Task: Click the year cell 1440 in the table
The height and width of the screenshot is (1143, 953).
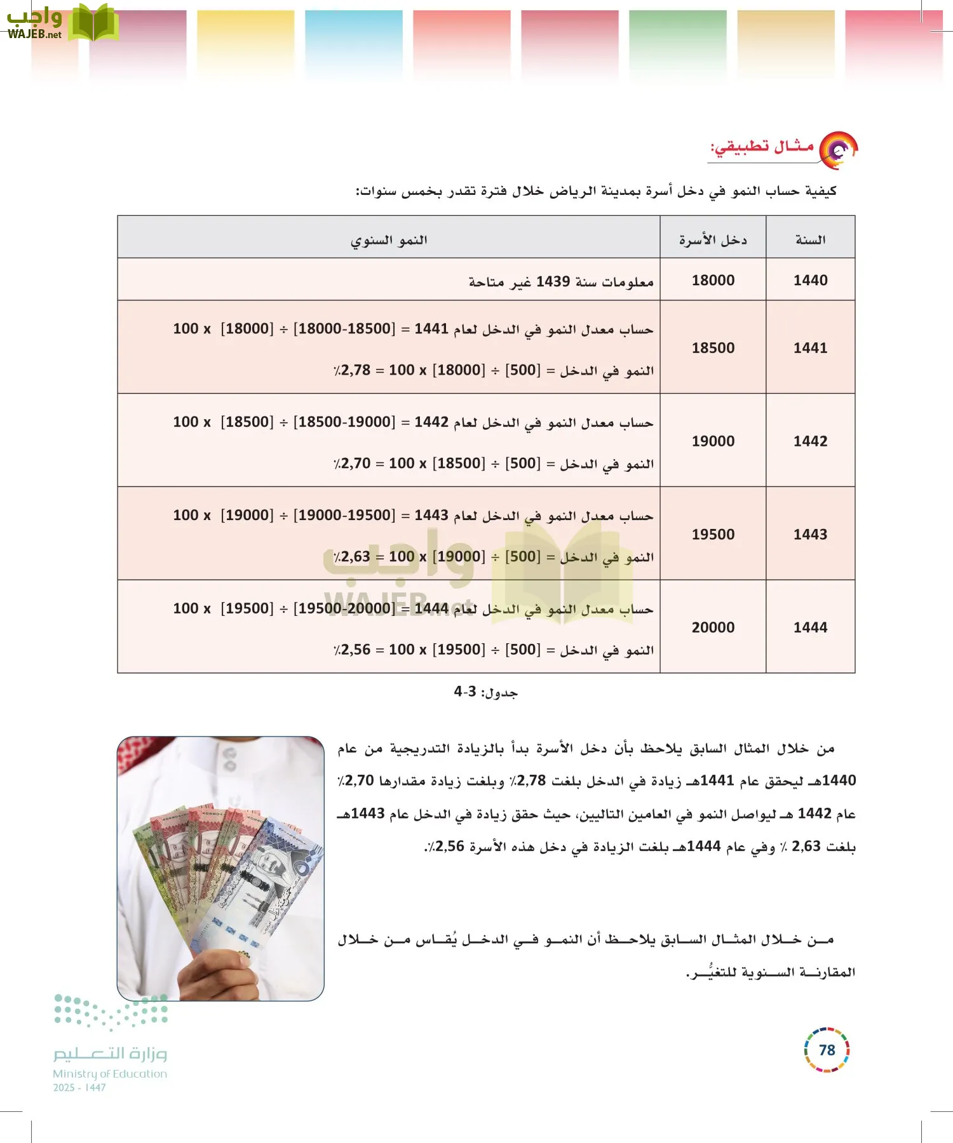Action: pyautogui.click(x=810, y=280)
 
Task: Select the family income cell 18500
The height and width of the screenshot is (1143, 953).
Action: pyautogui.click(x=713, y=347)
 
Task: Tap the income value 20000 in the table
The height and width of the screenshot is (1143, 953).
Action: pyautogui.click(x=713, y=627)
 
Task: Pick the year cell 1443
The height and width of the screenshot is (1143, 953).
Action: pyautogui.click(x=810, y=534)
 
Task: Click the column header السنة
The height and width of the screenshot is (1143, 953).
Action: pyautogui.click(x=810, y=240)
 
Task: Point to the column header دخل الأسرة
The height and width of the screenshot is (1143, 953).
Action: pyautogui.click(x=713, y=240)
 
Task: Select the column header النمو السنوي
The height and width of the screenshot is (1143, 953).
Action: pyautogui.click(x=389, y=240)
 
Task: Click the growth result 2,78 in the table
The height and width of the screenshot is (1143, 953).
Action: pyautogui.click(x=355, y=370)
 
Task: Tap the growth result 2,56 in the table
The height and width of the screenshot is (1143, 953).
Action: pyautogui.click(x=355, y=650)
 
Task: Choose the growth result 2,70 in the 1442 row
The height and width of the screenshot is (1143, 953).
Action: pyautogui.click(x=355, y=464)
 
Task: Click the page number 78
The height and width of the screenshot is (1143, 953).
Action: pyautogui.click(x=827, y=1050)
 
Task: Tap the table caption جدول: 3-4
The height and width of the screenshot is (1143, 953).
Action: pyautogui.click(x=486, y=692)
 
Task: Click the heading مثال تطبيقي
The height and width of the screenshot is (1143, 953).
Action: pyautogui.click(x=762, y=147)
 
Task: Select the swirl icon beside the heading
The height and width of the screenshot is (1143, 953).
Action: pyautogui.click(x=838, y=150)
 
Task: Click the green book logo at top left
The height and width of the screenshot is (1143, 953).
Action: pyautogui.click(x=93, y=23)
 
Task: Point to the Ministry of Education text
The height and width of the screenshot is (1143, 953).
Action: pyautogui.click(x=110, y=1074)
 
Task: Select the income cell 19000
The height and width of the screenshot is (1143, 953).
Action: pyautogui.click(x=713, y=441)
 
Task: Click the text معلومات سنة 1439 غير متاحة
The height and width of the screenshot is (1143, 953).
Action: pyautogui.click(x=561, y=281)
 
